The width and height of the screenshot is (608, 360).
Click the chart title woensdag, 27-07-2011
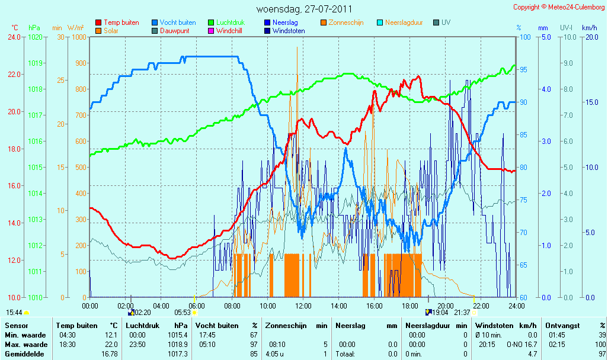point(305,9)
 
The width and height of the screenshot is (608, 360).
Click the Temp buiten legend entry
point(117,22)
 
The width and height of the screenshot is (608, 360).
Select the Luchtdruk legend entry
point(226,22)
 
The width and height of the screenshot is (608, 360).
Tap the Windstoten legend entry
point(284,31)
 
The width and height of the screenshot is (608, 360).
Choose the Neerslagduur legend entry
point(400,22)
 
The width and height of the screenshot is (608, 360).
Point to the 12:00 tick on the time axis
point(303,306)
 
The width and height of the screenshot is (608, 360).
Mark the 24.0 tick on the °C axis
point(14,37)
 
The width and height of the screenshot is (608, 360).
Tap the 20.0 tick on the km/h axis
point(592,37)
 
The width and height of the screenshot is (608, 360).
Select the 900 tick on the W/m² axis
point(81,63)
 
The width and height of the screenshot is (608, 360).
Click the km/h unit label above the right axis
point(590,28)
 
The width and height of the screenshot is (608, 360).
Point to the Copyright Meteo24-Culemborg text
point(559,7)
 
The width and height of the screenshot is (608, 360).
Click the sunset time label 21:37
point(462,313)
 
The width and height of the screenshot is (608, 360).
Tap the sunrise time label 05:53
point(183,313)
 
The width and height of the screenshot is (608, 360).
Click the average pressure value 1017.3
point(178,354)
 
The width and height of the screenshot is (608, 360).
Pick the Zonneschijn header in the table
point(286,326)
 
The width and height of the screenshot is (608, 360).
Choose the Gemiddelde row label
point(24,354)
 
